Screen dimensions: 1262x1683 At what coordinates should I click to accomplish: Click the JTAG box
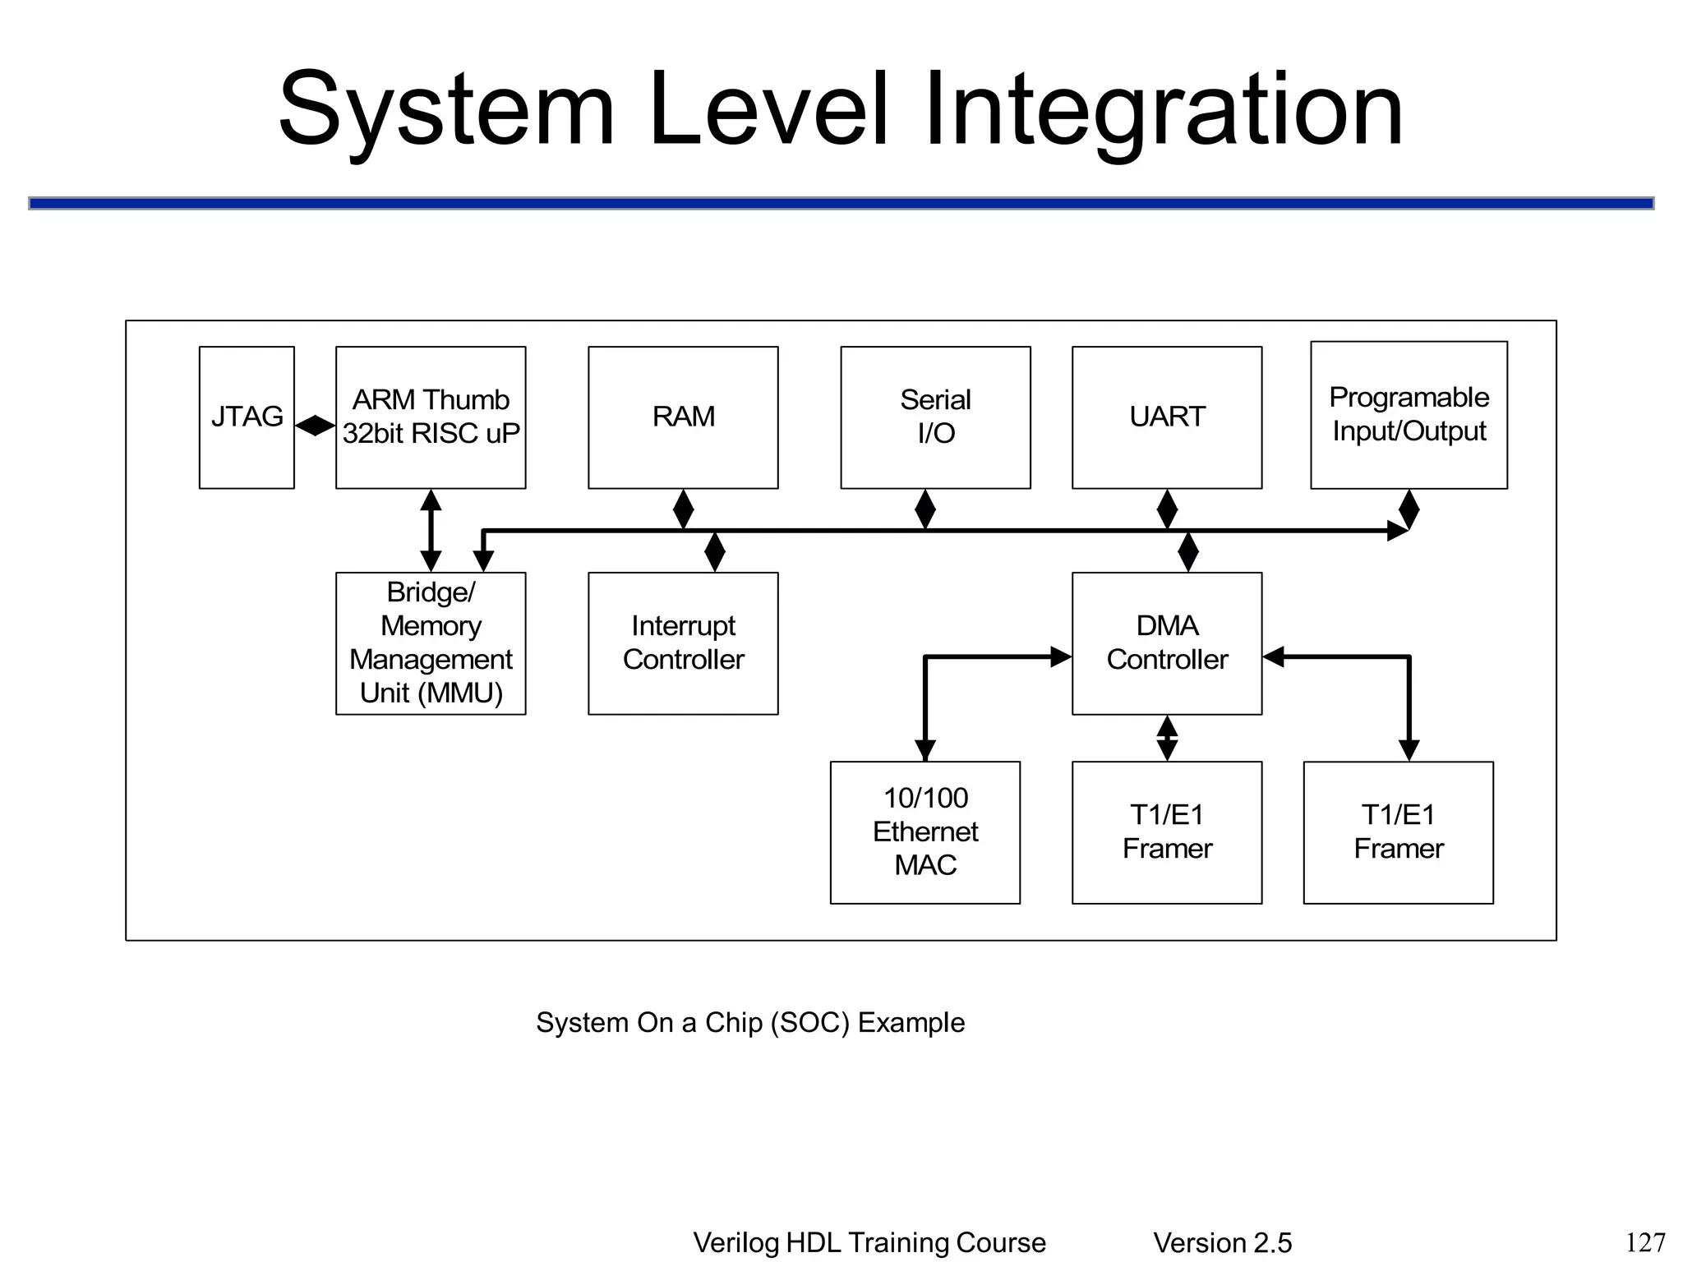tap(247, 417)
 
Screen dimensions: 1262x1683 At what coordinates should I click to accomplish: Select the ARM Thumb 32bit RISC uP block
tap(431, 417)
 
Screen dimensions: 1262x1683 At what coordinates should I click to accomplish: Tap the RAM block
tap(683, 417)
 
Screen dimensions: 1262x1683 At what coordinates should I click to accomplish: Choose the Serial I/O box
tap(935, 417)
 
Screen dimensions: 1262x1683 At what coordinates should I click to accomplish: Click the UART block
tap(1167, 417)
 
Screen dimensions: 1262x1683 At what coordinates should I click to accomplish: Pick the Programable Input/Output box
tap(1409, 415)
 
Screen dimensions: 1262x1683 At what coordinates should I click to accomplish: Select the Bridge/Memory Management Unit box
tap(431, 643)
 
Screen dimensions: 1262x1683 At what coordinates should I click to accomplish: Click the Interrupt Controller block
tap(683, 643)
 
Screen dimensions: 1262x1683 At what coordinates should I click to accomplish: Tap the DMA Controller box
tap(1167, 643)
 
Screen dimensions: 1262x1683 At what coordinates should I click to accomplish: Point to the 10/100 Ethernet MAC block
tap(925, 832)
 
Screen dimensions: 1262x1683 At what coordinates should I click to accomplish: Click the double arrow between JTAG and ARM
tap(315, 426)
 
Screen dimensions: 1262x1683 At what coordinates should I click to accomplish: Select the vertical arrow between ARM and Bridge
tap(431, 531)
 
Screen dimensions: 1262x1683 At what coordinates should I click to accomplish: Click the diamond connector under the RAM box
tap(683, 509)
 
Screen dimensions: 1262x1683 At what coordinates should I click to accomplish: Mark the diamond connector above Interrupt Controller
tap(715, 551)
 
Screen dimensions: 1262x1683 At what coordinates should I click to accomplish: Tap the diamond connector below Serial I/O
tap(925, 509)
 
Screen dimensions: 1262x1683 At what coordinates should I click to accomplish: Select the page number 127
tap(1645, 1242)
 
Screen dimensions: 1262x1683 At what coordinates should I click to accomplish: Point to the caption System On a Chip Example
tap(750, 1023)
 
